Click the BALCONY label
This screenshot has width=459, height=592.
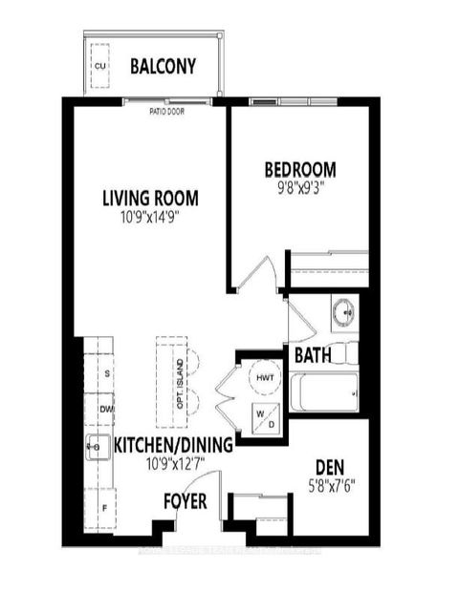point(163,67)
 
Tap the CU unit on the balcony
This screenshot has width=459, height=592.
point(100,65)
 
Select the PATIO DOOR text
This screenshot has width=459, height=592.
point(166,111)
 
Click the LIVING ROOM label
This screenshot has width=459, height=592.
point(151,199)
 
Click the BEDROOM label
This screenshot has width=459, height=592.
point(300,171)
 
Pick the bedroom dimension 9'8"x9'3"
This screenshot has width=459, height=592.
point(300,188)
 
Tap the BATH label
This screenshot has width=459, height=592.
point(313,355)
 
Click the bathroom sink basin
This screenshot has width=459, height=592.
point(342,311)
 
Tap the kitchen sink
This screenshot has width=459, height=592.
point(97,444)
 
